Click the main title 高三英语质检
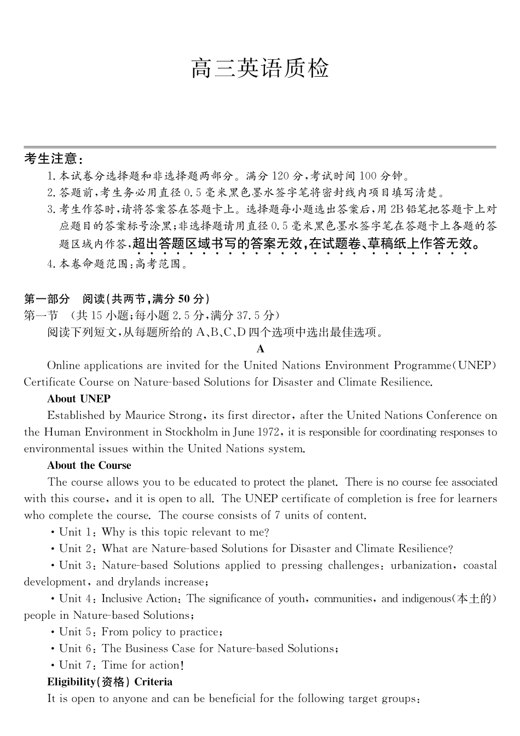click(260, 69)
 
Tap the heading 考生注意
click(53, 159)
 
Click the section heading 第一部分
click(47, 298)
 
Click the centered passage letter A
click(261, 349)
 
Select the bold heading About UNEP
click(79, 399)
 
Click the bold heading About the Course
click(89, 466)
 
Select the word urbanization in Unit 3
click(421, 566)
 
